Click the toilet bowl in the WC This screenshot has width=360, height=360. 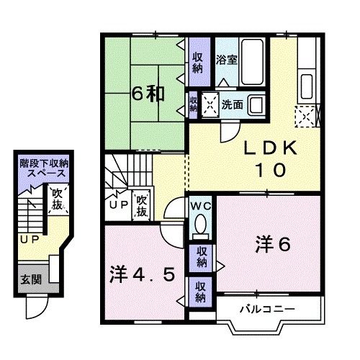tap(199, 228)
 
